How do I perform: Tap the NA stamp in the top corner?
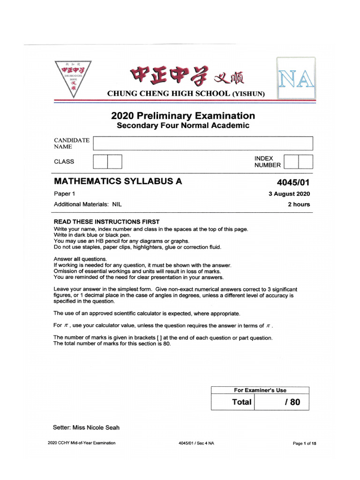pos(296,78)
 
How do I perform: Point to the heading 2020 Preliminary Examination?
pos(183,116)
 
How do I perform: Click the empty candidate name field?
pos(203,143)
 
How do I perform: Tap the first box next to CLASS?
pos(100,162)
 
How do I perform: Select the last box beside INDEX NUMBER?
pos(306,162)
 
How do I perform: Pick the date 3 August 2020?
pos(289,194)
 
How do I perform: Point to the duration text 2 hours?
pos(299,204)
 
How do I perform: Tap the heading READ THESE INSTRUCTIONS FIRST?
pos(106,222)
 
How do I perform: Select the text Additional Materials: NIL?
pos(88,204)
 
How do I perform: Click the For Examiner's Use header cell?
pos(260,390)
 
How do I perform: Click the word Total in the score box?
pos(241,402)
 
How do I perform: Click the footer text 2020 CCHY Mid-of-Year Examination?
pos(82,443)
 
